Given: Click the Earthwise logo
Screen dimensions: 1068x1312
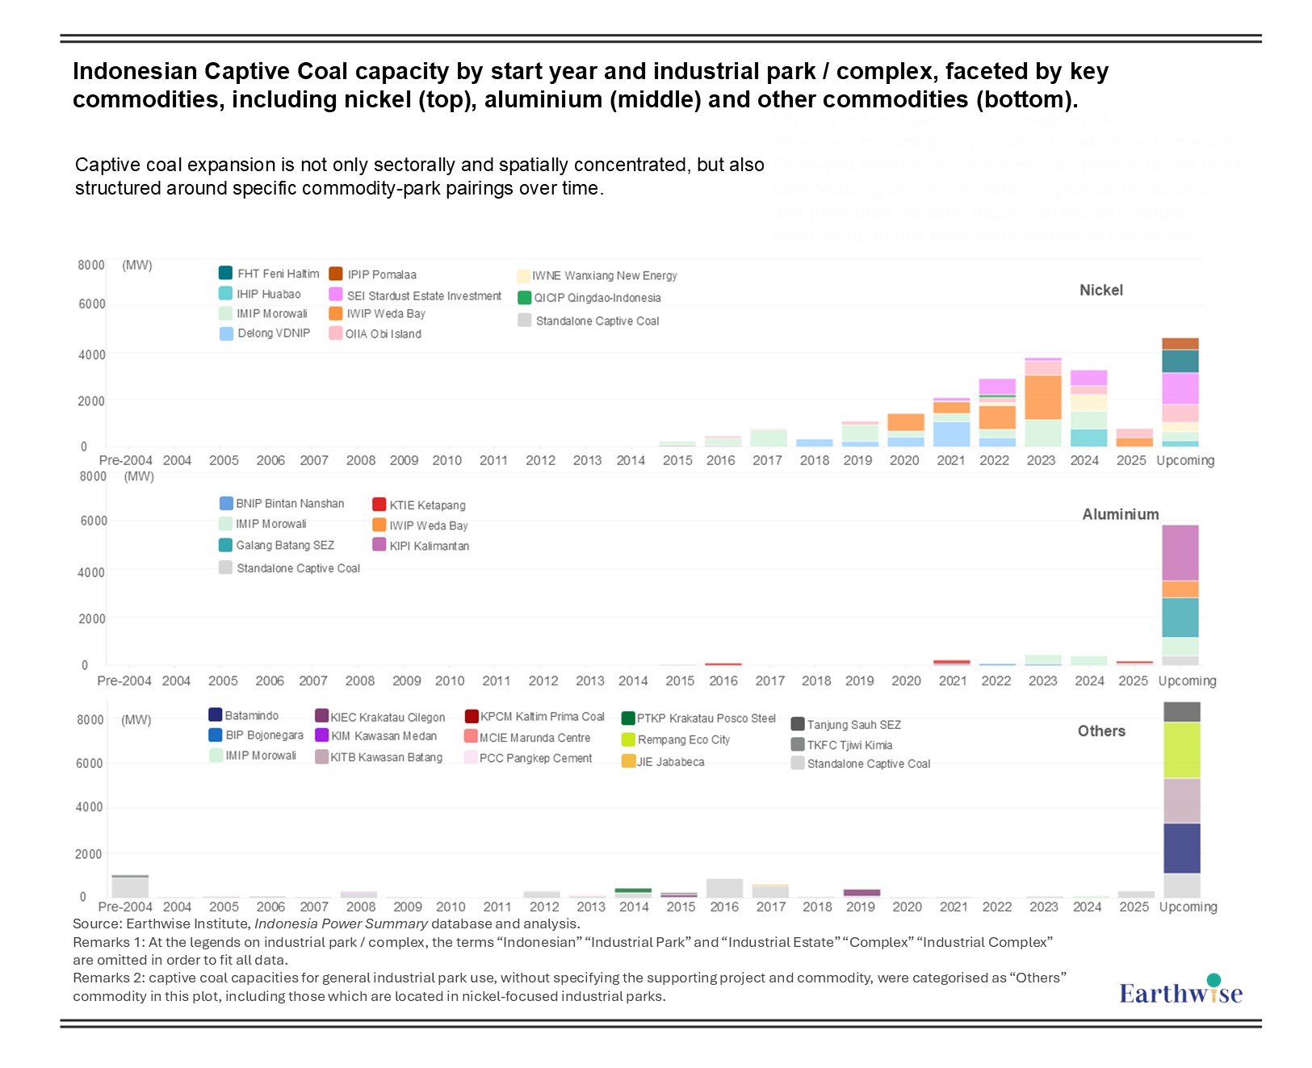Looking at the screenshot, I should click(x=1180, y=991).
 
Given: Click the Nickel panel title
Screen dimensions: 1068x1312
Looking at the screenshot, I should click(x=1100, y=291).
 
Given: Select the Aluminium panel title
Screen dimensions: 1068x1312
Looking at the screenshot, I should click(x=1120, y=514).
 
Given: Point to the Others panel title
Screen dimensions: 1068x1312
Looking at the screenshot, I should click(x=1101, y=731).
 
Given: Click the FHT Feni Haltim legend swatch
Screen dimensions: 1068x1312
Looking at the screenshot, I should click(x=226, y=273).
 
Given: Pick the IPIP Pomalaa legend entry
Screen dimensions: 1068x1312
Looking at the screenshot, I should click(x=381, y=274).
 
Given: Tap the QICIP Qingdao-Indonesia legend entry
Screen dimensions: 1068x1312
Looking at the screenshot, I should click(x=597, y=298).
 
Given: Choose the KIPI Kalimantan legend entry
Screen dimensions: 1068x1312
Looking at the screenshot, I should click(x=429, y=546).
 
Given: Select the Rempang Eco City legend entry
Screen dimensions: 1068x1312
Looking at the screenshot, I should click(x=683, y=739).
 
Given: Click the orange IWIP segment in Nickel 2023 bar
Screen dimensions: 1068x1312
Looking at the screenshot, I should click(x=1043, y=397).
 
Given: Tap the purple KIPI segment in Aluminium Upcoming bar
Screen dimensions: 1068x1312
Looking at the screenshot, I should click(x=1180, y=553).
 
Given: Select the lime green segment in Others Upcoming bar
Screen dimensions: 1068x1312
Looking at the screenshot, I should click(x=1181, y=750).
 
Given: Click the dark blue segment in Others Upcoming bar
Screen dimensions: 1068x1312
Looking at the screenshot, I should click(x=1181, y=848).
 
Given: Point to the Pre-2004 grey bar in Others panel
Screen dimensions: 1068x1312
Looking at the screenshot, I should click(x=130, y=886).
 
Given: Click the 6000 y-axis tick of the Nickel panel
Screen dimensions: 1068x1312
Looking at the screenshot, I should click(x=91, y=304).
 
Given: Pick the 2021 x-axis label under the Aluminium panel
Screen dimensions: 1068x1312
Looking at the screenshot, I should click(x=953, y=681).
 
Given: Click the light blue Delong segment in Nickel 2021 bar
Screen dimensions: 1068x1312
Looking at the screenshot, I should click(x=951, y=433).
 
